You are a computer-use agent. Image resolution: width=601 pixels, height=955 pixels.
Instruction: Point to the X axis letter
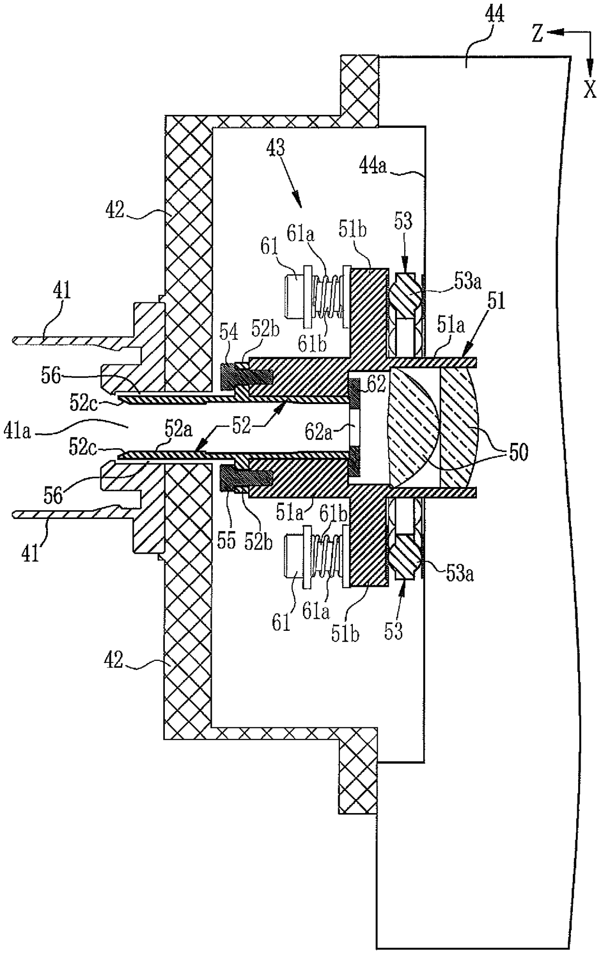(x=589, y=89)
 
